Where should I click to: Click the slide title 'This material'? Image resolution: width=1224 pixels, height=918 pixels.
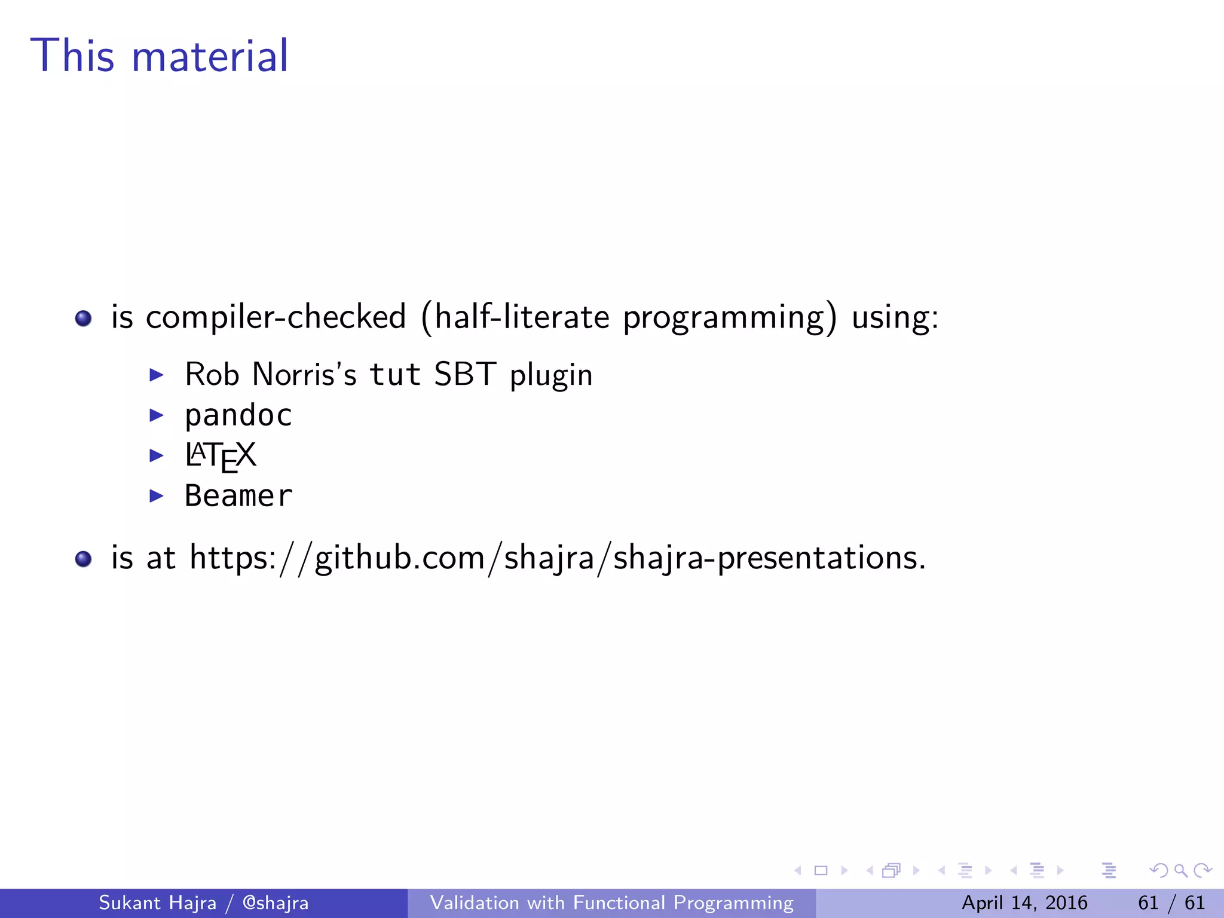pyautogui.click(x=160, y=56)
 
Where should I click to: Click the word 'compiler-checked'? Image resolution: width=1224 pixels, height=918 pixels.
pyautogui.click(x=276, y=317)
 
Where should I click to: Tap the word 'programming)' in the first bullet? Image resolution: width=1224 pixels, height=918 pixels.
pyautogui.click(x=730, y=318)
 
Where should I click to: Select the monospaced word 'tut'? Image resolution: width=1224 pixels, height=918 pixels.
pyautogui.click(x=395, y=375)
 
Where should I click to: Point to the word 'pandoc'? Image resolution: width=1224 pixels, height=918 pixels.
pyautogui.click(x=238, y=416)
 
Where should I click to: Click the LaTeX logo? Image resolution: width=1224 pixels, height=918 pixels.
pyautogui.click(x=221, y=456)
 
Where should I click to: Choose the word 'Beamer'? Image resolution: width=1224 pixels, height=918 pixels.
pyautogui.click(x=238, y=496)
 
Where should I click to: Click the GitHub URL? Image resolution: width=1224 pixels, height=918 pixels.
pyautogui.click(x=557, y=558)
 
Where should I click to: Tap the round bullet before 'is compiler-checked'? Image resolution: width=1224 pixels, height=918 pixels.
pyautogui.click(x=84, y=318)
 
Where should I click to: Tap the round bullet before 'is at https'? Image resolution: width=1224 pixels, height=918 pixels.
pyautogui.click(x=84, y=559)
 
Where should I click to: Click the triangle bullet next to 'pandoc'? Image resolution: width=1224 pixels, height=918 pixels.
pyautogui.click(x=156, y=415)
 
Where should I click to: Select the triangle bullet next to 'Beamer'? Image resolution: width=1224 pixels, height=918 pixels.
pyautogui.click(x=156, y=495)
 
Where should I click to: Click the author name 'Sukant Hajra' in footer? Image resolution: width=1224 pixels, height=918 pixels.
pyautogui.click(x=157, y=903)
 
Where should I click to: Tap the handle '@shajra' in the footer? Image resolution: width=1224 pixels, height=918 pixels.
pyautogui.click(x=276, y=903)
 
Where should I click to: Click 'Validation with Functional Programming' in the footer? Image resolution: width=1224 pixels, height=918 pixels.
pyautogui.click(x=611, y=903)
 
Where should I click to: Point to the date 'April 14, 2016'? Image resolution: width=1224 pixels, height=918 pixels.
pyautogui.click(x=1024, y=903)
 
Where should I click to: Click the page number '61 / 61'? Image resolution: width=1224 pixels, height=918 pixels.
pyautogui.click(x=1171, y=903)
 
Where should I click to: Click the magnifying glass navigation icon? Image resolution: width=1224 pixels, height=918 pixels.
pyautogui.click(x=1180, y=871)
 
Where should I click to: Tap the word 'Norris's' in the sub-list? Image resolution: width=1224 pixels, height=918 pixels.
pyautogui.click(x=304, y=375)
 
